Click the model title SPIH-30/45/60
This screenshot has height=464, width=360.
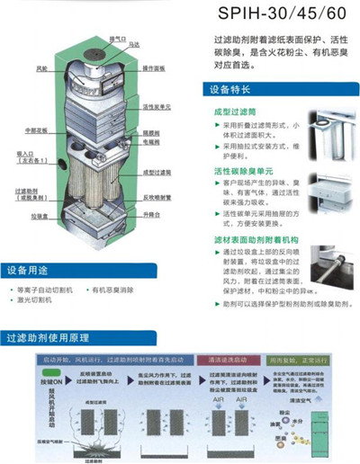pos(287,14)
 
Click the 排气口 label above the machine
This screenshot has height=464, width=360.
pos(116,39)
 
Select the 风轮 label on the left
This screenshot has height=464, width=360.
pos(42,68)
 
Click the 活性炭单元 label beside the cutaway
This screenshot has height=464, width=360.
pos(156,105)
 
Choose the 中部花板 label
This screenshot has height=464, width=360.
pos(37,129)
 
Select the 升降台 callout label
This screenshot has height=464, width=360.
pos(150,217)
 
